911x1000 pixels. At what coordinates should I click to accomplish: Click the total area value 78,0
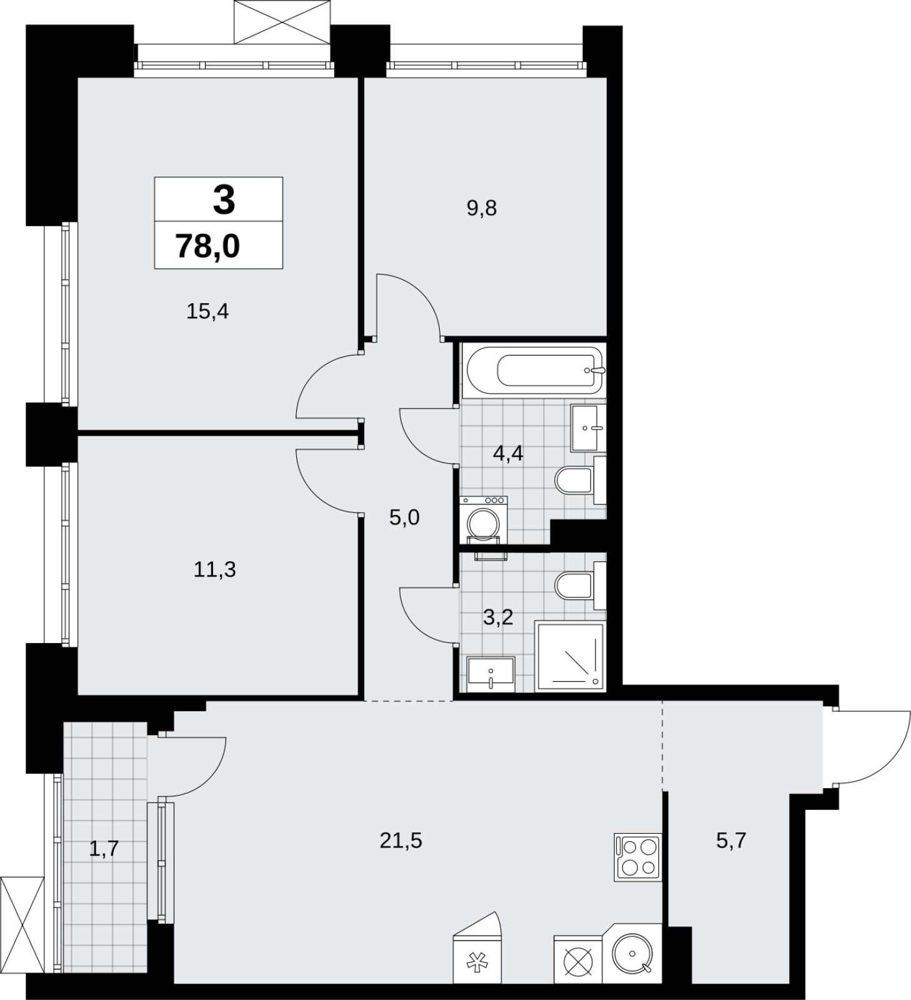[x=207, y=246]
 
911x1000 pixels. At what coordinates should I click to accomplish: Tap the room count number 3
[x=224, y=200]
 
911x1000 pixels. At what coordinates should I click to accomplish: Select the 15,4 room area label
[x=207, y=311]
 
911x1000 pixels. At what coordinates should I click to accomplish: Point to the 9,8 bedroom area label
[x=481, y=208]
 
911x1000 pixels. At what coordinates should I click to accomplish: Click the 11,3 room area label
[x=214, y=569]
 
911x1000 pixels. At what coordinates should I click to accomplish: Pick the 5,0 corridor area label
[x=404, y=517]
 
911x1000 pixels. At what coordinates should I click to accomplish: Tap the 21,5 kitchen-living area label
[x=401, y=841]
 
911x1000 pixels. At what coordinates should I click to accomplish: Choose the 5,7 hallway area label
[x=731, y=841]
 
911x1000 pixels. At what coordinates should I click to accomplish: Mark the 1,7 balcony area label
[x=104, y=849]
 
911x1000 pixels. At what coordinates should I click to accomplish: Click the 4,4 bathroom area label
[x=508, y=453]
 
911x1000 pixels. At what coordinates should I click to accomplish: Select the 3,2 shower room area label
[x=498, y=617]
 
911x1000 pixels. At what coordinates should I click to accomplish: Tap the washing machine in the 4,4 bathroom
[x=483, y=520]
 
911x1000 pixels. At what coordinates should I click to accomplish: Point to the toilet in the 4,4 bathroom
[x=580, y=480]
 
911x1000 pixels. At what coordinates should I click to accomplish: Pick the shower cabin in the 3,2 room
[x=570, y=657]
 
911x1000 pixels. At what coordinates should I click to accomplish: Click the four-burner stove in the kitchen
[x=637, y=857]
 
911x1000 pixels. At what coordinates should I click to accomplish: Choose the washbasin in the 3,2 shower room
[x=490, y=674]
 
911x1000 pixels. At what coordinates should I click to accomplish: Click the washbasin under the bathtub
[x=587, y=428]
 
